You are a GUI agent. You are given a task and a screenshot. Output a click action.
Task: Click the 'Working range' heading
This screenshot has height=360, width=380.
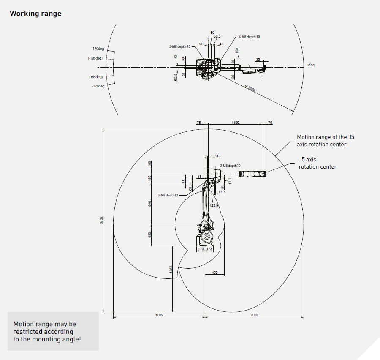[x=35, y=14]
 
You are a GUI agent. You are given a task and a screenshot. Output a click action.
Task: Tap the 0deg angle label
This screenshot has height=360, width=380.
[x=310, y=65]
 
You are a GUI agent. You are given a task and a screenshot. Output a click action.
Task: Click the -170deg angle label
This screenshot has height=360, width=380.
[x=98, y=86]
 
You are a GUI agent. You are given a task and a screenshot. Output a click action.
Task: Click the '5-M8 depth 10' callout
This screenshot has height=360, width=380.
[x=180, y=46]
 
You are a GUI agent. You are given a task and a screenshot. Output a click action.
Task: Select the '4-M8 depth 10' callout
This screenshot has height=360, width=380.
[x=249, y=37]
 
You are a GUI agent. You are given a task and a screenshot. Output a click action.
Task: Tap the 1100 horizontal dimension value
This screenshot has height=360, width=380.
[x=235, y=123]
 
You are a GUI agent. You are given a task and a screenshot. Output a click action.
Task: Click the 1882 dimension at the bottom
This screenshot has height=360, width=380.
[x=159, y=315]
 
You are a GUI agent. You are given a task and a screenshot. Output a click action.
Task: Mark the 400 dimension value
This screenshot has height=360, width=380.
[x=214, y=273]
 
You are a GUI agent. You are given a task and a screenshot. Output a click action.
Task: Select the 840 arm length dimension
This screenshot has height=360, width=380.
[x=149, y=204]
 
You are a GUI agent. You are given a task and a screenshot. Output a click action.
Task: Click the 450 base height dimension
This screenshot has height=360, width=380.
[x=149, y=235]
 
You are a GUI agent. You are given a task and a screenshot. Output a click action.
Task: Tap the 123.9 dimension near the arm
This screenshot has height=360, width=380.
[x=214, y=205]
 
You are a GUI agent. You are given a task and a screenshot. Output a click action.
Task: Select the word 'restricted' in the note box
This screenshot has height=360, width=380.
[x=28, y=332]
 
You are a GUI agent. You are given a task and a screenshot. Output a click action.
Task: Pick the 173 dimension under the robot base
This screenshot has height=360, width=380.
[x=210, y=249]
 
